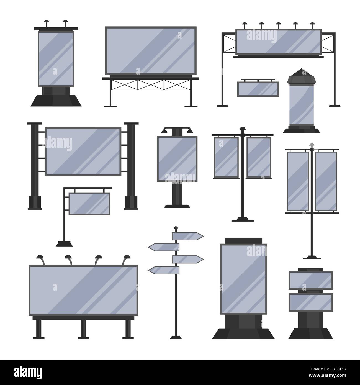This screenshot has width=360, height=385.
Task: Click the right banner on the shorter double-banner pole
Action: click(256, 157)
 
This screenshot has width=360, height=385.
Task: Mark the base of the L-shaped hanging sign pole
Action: click(65, 243)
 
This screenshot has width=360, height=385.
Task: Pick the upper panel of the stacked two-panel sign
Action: click(310, 280)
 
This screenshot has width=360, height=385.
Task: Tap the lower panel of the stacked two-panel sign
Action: click(310, 302)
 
